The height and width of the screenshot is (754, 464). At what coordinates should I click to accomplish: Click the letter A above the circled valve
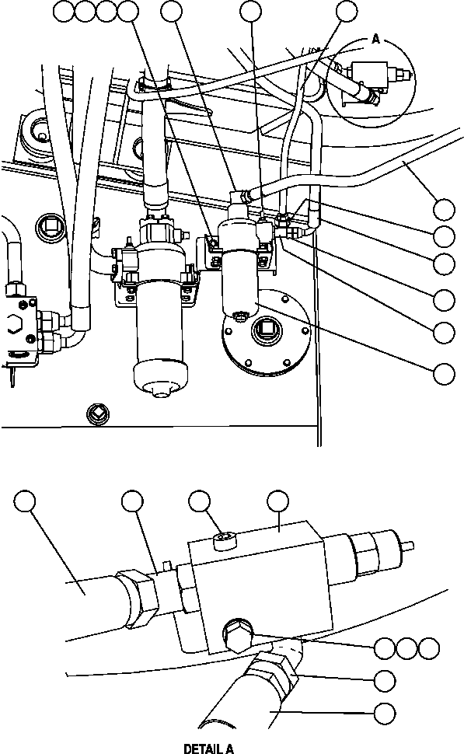click(x=375, y=38)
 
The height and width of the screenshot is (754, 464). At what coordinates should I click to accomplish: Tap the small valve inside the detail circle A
click(x=381, y=81)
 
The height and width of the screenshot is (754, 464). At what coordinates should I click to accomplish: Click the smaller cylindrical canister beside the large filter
click(x=241, y=264)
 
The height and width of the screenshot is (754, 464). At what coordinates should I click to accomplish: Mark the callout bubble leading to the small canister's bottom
click(x=444, y=373)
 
